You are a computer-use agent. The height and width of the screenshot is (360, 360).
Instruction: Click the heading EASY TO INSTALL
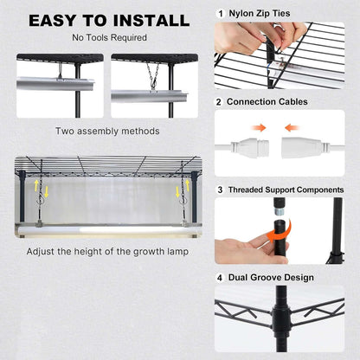point(109,21)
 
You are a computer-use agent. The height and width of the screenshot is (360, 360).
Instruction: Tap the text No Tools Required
point(109,37)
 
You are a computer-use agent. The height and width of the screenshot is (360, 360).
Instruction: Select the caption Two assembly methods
point(107,132)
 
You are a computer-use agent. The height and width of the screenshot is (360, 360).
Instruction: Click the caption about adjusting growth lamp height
point(107,252)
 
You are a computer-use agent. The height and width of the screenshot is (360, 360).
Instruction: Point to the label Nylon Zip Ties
point(260,14)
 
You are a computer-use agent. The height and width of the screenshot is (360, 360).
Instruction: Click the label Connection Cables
point(267,102)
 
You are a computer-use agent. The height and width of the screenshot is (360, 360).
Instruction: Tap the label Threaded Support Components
point(286,190)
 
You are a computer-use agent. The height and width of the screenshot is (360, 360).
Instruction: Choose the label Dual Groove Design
point(271,278)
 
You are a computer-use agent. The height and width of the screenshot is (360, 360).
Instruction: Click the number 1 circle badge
point(221,14)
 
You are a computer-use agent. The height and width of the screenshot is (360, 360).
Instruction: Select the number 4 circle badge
point(220,278)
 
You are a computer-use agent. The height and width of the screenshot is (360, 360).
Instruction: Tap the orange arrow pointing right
point(259,127)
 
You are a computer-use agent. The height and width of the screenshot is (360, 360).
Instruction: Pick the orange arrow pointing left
point(292,127)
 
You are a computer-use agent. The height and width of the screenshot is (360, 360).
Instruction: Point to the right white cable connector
point(305,147)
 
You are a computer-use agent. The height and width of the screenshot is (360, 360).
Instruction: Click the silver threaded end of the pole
point(278,212)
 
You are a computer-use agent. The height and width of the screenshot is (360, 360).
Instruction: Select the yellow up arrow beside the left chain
point(36,185)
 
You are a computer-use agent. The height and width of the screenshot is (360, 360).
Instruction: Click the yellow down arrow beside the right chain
point(177,192)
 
